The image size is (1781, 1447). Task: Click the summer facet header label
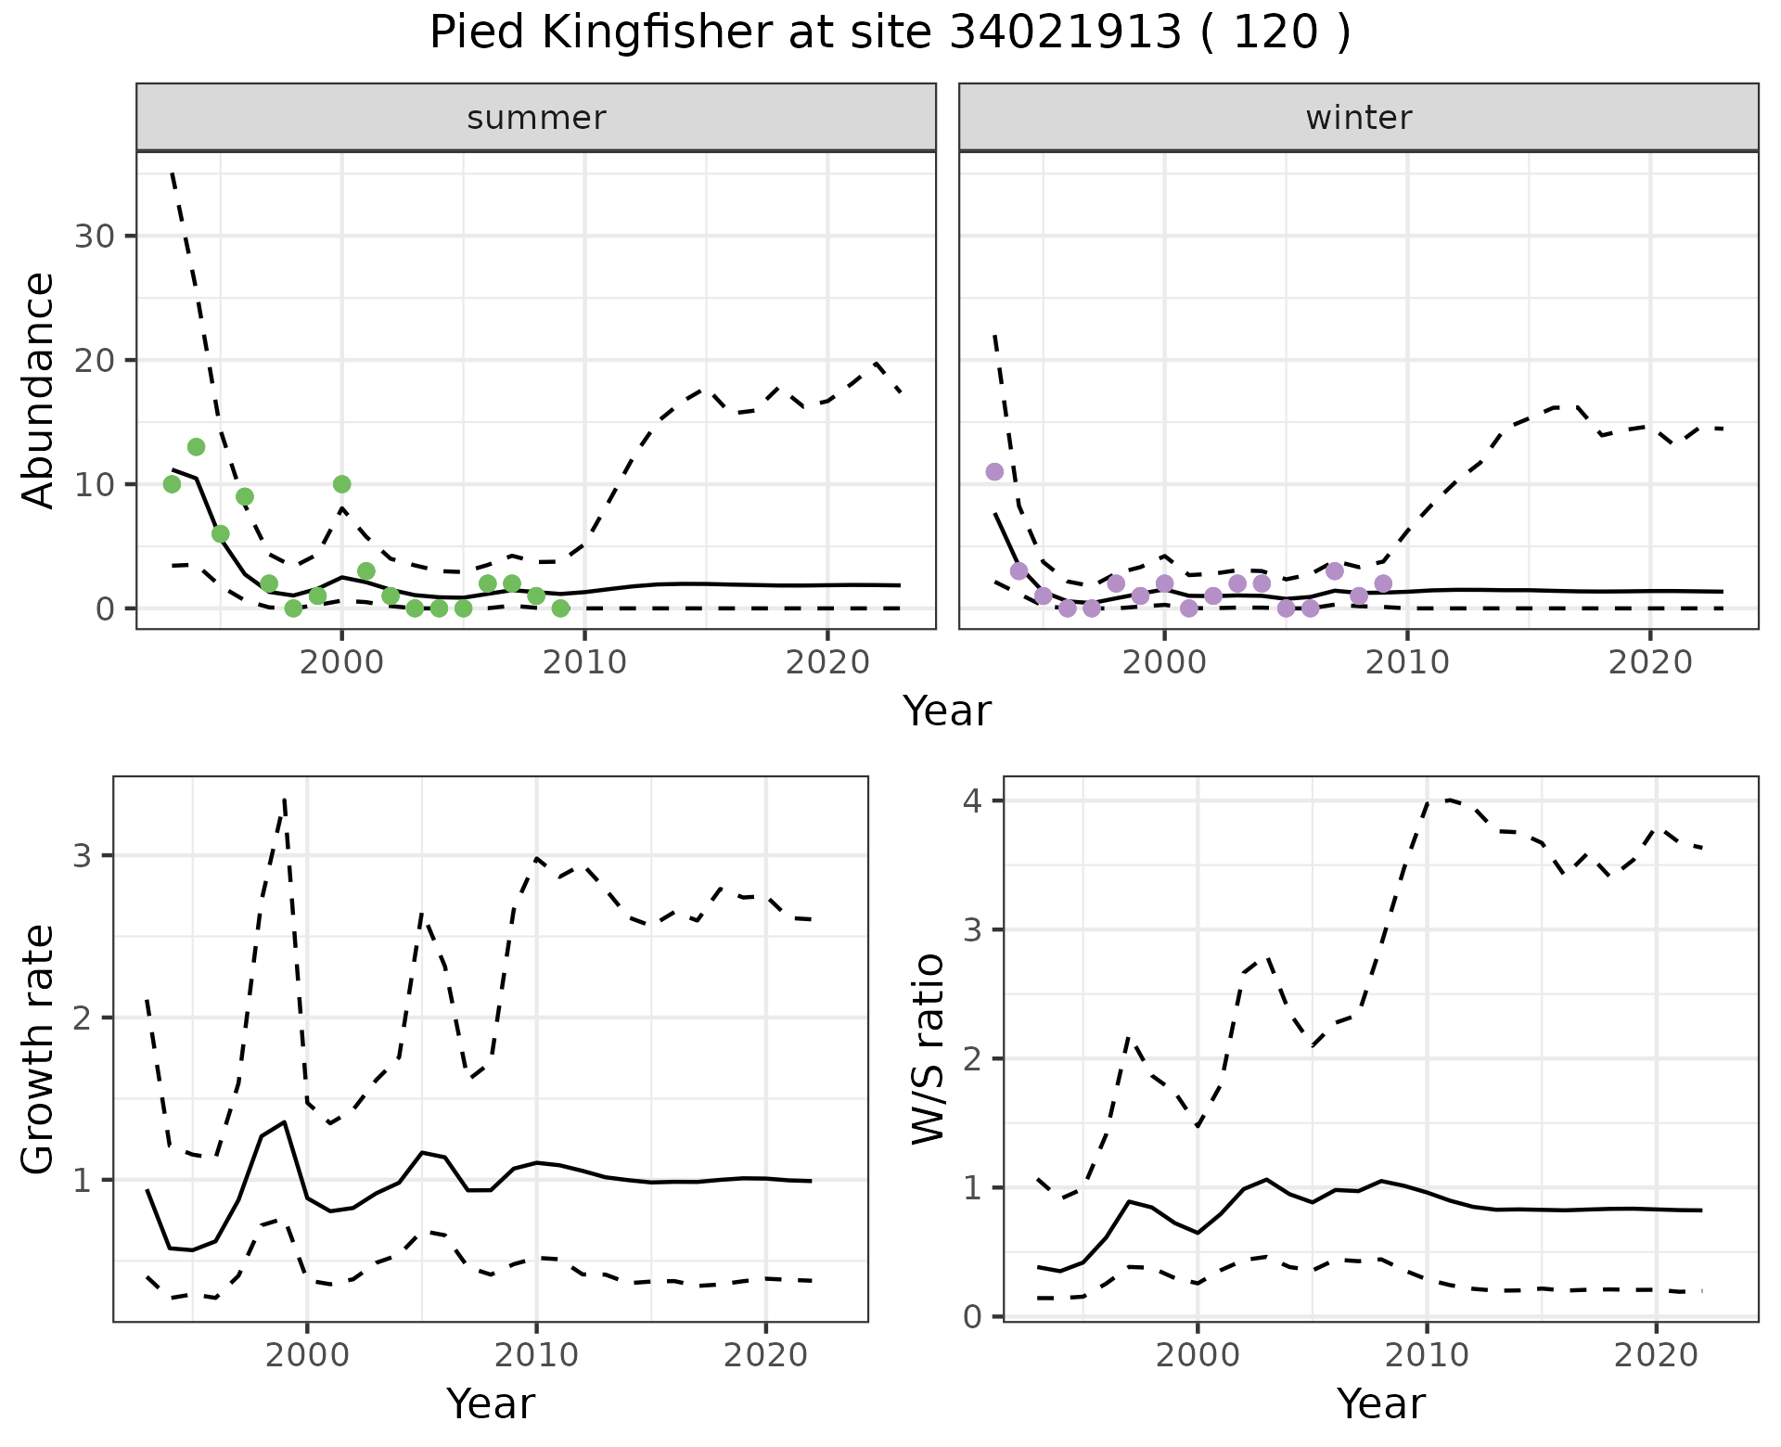click(536, 118)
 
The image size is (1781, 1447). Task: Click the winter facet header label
click(1358, 118)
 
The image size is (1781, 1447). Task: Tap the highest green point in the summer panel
click(196, 447)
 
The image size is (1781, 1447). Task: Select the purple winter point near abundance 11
click(994, 472)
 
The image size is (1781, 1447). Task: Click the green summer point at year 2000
click(341, 484)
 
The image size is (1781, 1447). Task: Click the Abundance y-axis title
click(39, 391)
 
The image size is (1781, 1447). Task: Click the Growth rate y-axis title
click(39, 1049)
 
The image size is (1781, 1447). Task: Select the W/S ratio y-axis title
click(929, 1049)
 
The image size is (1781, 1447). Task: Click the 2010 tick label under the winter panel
click(1407, 662)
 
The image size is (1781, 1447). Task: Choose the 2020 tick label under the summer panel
click(826, 662)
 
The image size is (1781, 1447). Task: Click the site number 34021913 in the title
click(1066, 33)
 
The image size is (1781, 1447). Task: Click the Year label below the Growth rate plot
click(491, 1403)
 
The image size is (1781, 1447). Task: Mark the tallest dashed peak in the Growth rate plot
click(284, 799)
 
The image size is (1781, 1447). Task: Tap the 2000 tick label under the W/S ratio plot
click(1197, 1355)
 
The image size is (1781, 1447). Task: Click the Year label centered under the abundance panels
click(947, 711)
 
